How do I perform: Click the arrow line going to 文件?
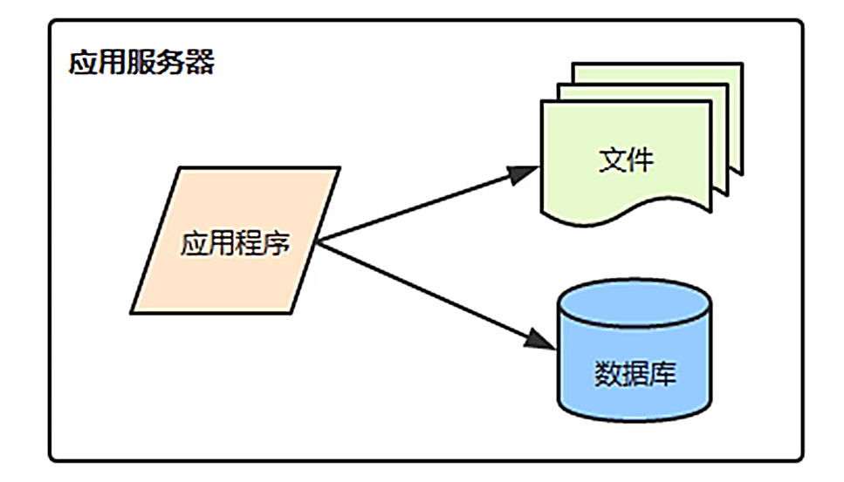[419, 206]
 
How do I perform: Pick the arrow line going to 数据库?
[428, 291]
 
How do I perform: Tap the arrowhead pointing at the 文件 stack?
[527, 173]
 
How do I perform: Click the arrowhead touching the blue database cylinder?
[543, 340]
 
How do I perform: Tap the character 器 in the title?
[200, 64]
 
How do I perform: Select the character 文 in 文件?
[613, 160]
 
